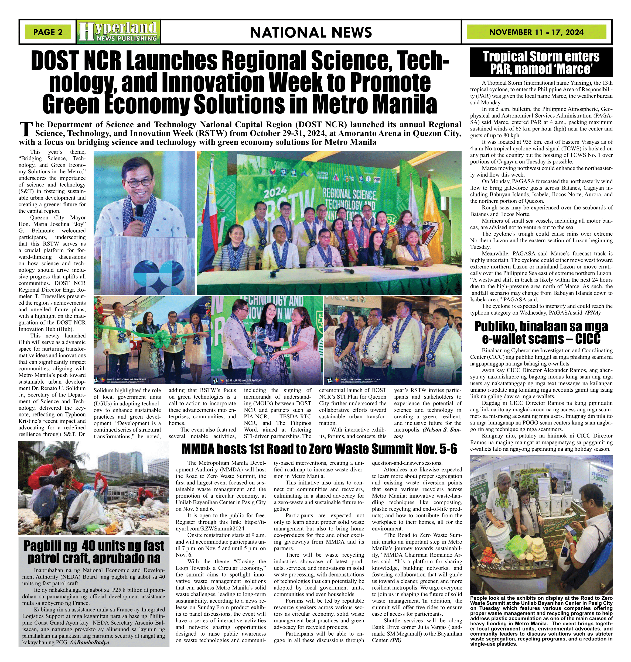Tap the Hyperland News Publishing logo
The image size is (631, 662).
tap(118, 32)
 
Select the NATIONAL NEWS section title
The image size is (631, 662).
tap(311, 33)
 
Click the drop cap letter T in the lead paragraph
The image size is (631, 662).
tap(26, 130)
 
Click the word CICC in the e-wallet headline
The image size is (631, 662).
tap(588, 339)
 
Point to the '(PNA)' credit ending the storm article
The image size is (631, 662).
tap(593, 312)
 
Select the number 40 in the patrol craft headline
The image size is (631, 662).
tap(84, 546)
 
